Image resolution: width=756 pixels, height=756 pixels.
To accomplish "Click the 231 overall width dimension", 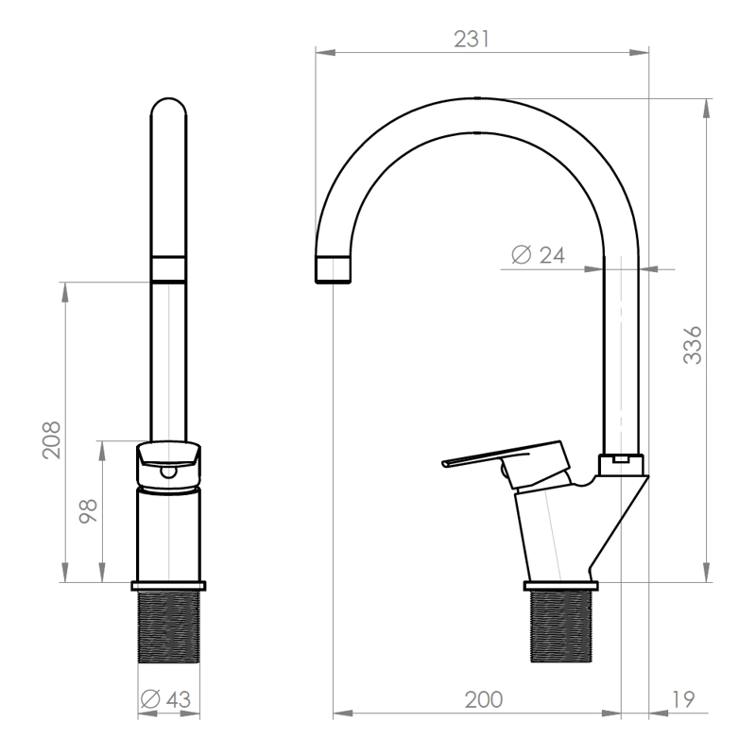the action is pyautogui.click(x=472, y=39).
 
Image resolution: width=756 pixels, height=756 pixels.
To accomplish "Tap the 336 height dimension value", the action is pyautogui.click(x=693, y=345).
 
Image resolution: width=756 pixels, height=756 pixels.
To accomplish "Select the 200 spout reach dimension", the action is pyautogui.click(x=484, y=699).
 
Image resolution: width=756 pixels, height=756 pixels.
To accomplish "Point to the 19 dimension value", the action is pyautogui.click(x=683, y=699).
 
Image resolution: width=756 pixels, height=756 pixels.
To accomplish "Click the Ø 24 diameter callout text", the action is pyautogui.click(x=538, y=254).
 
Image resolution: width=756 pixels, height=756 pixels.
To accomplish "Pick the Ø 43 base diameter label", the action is pyautogui.click(x=165, y=699).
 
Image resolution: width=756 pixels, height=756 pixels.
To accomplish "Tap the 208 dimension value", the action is pyautogui.click(x=52, y=440).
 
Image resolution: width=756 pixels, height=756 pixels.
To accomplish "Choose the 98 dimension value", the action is pyautogui.click(x=88, y=511).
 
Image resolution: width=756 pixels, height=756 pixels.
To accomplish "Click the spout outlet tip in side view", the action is pyautogui.click(x=333, y=269).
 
